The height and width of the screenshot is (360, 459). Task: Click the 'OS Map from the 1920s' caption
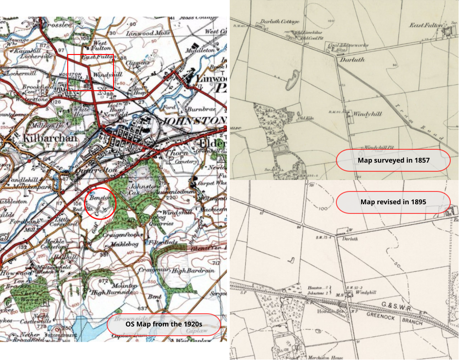(x=164, y=324)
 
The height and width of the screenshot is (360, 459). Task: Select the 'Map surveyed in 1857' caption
(x=393, y=160)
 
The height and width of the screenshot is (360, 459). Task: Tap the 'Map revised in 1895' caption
(x=393, y=202)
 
